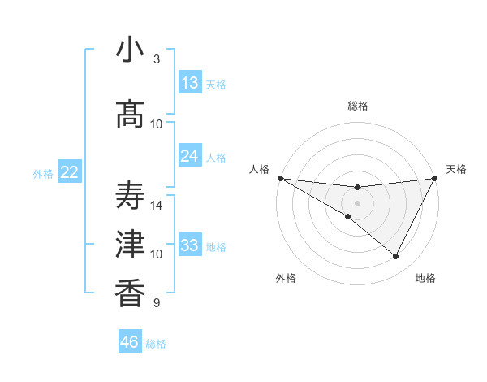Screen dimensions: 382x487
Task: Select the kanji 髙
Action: pos(130,114)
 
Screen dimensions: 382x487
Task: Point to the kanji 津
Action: pos(130,245)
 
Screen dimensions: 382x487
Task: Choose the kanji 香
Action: pos(130,293)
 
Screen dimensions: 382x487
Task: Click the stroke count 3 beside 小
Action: pos(157,59)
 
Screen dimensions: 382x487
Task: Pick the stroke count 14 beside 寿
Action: pos(157,206)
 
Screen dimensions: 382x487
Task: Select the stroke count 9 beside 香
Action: pos(157,303)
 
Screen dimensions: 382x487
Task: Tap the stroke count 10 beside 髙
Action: pos(157,124)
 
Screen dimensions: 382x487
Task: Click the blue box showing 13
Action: pos(190,83)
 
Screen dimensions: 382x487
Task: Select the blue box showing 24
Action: pos(190,156)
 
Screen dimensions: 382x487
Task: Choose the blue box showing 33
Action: pos(190,245)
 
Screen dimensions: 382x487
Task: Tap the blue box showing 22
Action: pos(69,172)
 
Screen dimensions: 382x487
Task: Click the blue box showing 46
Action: pos(130,342)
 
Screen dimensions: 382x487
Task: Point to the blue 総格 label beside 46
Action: pos(156,344)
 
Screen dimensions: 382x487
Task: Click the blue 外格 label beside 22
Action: pos(42,173)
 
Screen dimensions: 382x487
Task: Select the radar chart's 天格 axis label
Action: pos(457,169)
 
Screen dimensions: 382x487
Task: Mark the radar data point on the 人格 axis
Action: pos(280,178)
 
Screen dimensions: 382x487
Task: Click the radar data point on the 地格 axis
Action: pos(396,256)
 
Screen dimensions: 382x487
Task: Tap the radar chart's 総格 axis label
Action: pos(357,106)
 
